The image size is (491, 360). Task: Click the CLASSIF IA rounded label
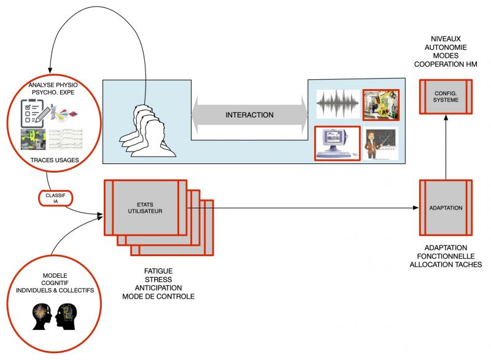(56, 198)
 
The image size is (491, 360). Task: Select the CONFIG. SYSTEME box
(446, 96)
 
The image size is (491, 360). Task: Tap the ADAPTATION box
(446, 208)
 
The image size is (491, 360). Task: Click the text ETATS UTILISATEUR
(145, 208)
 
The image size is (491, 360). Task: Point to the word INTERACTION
(250, 115)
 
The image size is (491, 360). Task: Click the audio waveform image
(338, 104)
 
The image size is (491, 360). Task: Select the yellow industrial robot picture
(381, 105)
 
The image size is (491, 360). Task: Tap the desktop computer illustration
(337, 144)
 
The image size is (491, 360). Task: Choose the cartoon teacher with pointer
(381, 144)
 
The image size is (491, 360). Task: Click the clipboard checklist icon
(35, 112)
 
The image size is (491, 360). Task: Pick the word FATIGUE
(158, 271)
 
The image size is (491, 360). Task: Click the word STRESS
(158, 280)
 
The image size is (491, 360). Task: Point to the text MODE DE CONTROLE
(158, 296)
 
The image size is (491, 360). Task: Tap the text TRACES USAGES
(55, 160)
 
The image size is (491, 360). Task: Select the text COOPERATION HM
(446, 65)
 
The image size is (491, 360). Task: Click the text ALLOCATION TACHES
(446, 264)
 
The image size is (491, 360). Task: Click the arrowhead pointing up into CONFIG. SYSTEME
(446, 117)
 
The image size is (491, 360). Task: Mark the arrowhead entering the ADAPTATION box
(416, 208)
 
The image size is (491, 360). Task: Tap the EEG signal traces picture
(66, 139)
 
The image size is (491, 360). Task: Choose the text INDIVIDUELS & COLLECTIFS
(55, 291)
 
